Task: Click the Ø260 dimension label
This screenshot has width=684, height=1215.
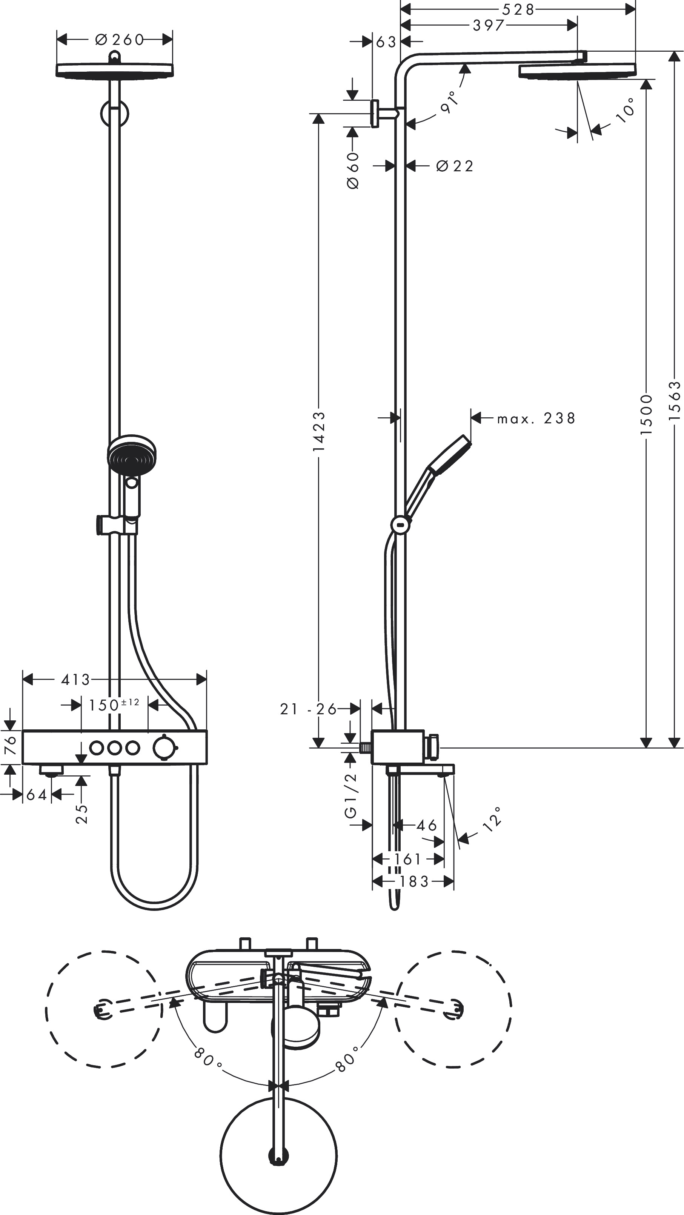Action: pos(119,40)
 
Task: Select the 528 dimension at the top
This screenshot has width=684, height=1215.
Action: pos(518,9)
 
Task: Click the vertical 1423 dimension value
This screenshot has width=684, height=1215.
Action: pos(319,430)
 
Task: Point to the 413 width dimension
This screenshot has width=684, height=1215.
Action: pos(75,680)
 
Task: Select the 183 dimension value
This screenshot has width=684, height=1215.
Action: pos(414,881)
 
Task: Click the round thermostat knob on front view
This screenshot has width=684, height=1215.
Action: pos(163,747)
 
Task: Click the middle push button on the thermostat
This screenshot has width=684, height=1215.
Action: pos(115,747)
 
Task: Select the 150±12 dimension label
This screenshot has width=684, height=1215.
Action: pos(114,705)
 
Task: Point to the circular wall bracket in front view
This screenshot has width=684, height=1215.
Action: pos(114,113)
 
